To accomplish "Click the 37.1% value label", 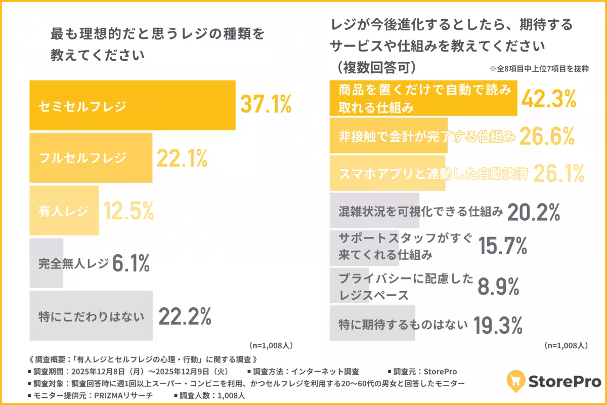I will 266,105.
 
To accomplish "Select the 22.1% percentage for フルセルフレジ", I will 182,158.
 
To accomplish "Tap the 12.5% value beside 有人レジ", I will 128,211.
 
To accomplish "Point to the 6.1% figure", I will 130,263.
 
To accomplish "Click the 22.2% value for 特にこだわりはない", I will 185,317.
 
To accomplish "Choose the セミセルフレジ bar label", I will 82,106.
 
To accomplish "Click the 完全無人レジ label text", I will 73,263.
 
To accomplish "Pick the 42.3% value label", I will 548,100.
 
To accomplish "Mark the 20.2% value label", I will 533,212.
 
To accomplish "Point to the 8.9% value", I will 498,287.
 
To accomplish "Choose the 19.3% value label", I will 498,326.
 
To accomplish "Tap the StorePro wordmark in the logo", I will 565,381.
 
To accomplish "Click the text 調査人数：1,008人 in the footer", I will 213,395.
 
